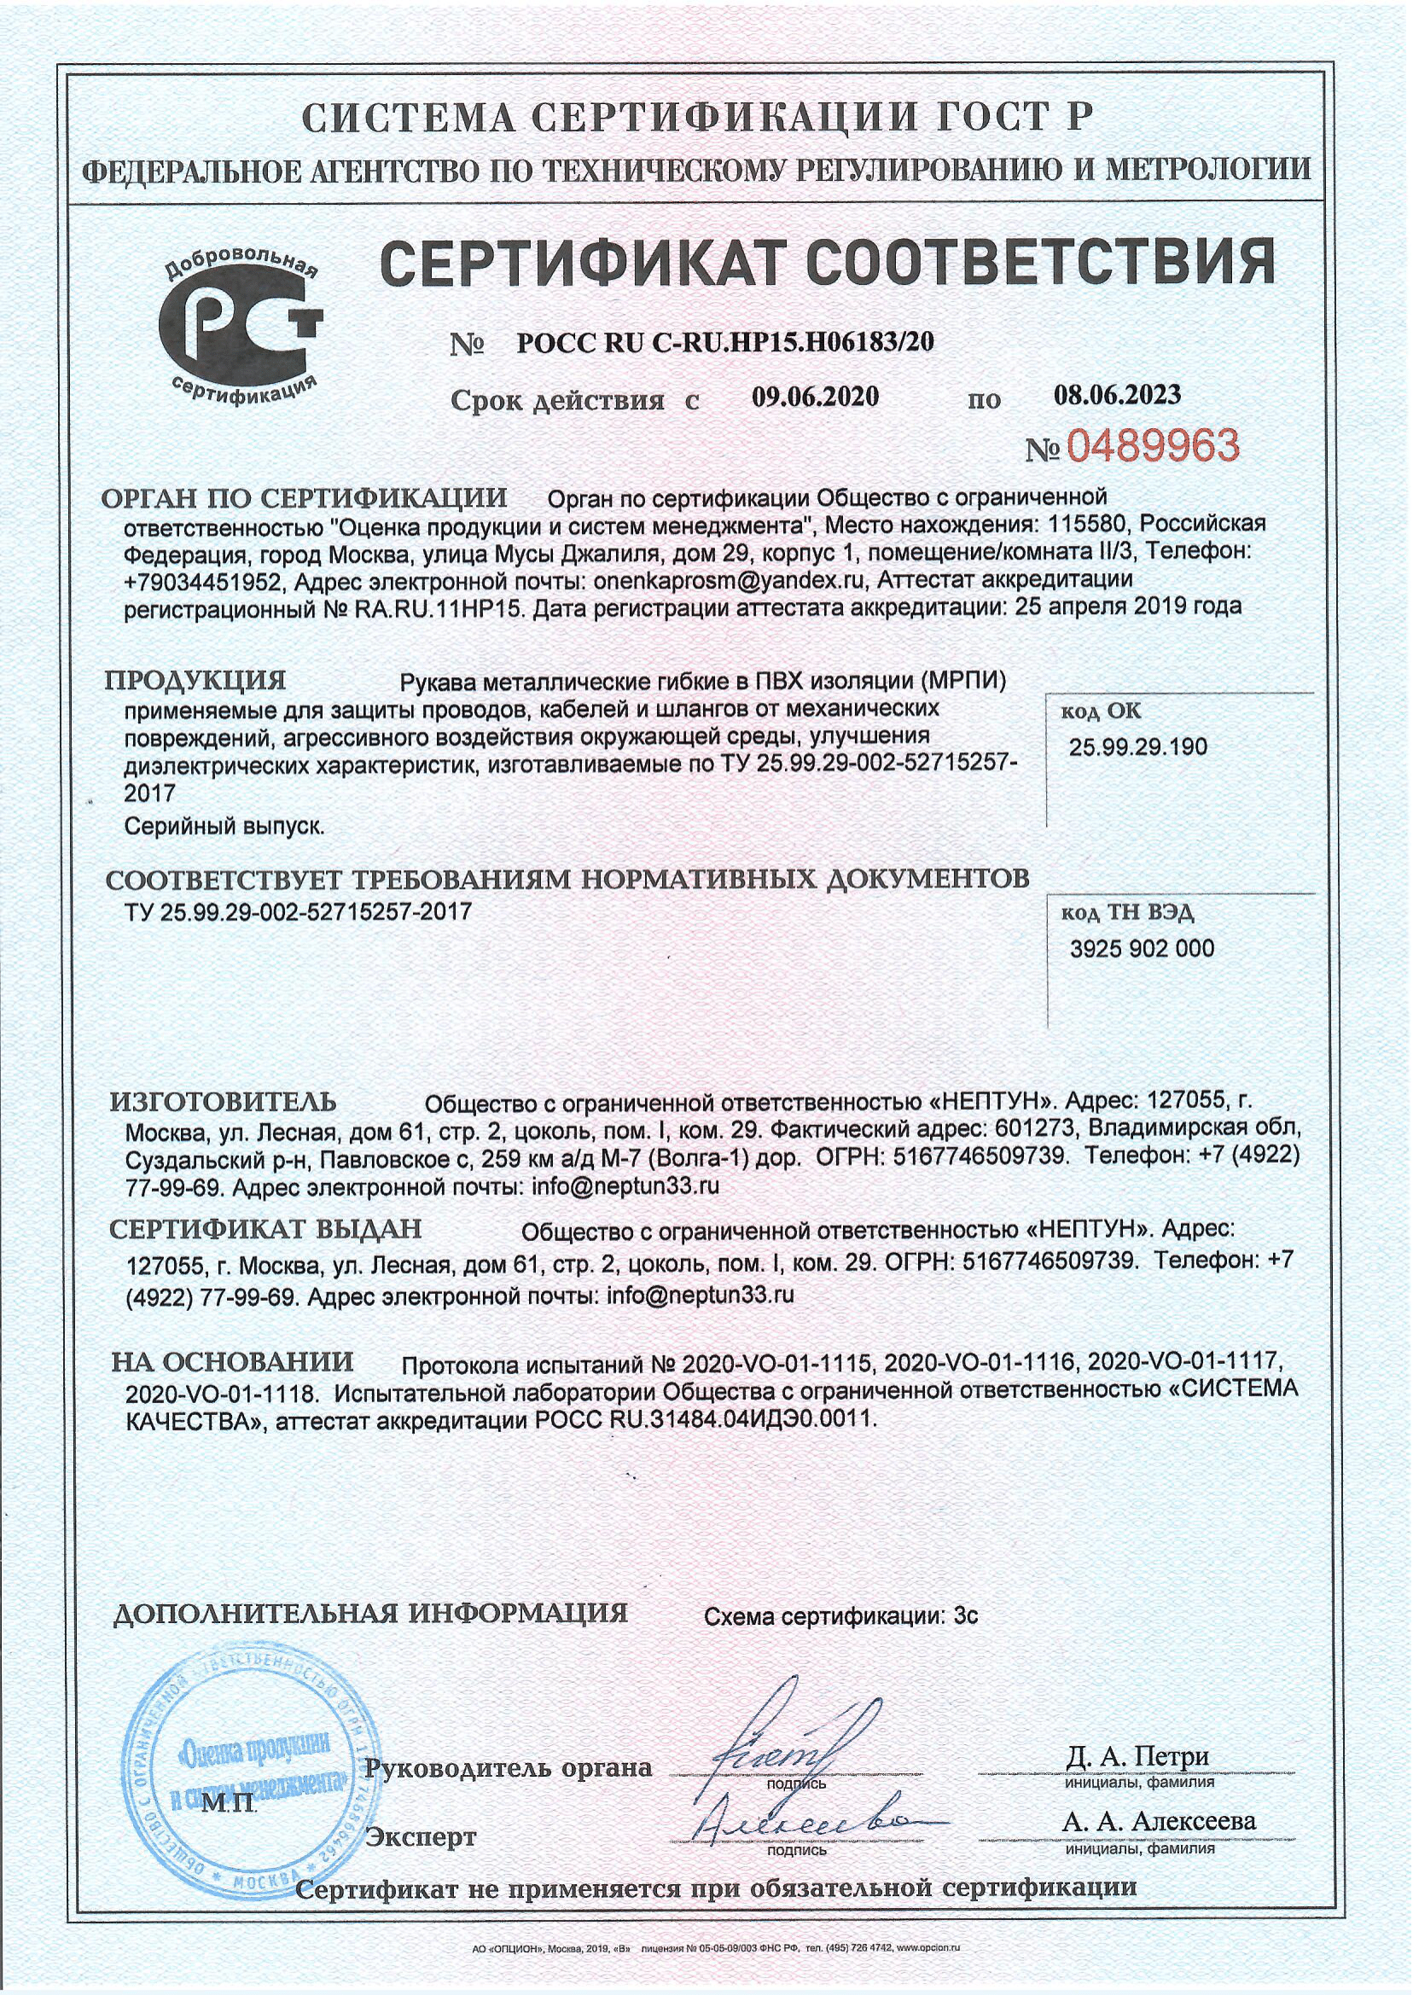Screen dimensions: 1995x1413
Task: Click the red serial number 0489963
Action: tap(1151, 447)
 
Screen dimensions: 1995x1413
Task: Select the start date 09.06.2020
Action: tap(815, 397)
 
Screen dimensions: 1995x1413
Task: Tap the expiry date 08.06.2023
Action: tap(1117, 395)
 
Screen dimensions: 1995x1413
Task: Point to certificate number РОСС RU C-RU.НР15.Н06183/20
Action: tap(724, 343)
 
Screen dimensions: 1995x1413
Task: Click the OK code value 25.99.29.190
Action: tap(1137, 747)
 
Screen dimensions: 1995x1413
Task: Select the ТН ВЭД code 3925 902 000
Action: tap(1142, 948)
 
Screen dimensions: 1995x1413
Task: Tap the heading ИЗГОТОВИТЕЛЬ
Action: tap(223, 1103)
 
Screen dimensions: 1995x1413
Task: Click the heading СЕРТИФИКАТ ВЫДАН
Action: tap(265, 1229)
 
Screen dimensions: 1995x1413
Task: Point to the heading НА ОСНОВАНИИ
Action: tap(232, 1362)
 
